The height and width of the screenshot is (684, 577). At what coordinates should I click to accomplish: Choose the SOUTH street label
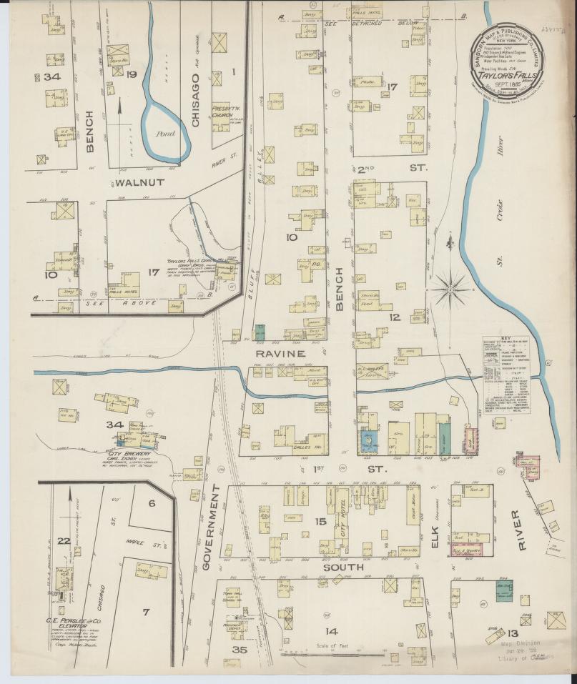tap(344, 567)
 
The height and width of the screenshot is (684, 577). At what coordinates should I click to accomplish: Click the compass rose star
tap(450, 289)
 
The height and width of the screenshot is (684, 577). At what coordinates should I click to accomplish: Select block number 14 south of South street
tap(330, 631)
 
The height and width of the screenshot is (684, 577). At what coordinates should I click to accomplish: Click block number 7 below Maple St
tap(146, 612)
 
